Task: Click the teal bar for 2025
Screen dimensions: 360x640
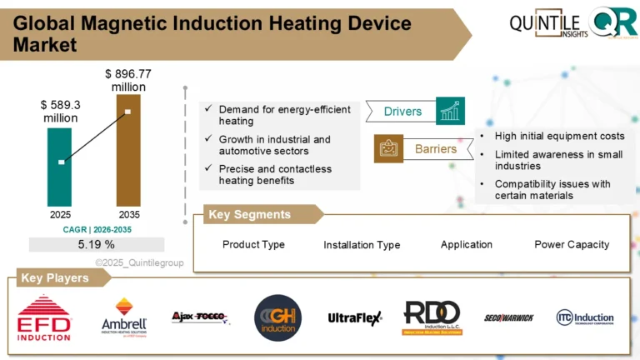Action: [60, 166]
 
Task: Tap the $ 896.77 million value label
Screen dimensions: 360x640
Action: [125, 81]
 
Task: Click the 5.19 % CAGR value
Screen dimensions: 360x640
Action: [96, 244]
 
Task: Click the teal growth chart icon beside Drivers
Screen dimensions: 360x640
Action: [450, 111]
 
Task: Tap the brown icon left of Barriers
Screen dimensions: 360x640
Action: [388, 149]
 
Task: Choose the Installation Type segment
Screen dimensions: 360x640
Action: [362, 245]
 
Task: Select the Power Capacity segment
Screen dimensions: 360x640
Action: [572, 244]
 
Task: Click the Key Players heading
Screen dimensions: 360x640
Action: [55, 278]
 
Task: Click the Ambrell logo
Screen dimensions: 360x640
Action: [124, 318]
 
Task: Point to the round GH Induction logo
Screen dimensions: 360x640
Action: [277, 318]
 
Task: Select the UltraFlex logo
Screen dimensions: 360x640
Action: [354, 317]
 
